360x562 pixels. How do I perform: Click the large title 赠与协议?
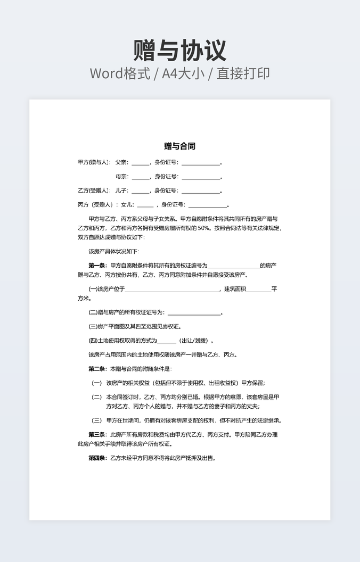pos(180,51)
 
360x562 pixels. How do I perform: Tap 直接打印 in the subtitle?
pos(243,73)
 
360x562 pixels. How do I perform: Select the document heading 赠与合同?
pos(180,146)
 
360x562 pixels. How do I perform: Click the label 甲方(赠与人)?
pos(94,162)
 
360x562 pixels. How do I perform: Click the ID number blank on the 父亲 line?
pos(200,163)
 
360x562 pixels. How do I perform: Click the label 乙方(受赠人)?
pos(94,191)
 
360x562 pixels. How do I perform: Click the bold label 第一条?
pos(97,265)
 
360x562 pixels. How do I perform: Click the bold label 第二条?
pos(97,369)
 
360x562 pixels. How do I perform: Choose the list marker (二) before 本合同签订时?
pos(97,396)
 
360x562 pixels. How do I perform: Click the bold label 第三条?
pos(97,434)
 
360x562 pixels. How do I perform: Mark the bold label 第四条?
pos(97,458)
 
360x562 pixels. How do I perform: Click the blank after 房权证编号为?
pos(233,266)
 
